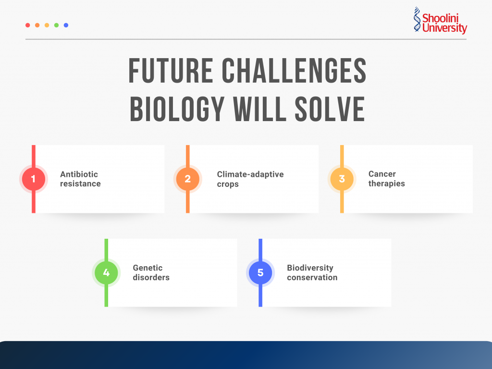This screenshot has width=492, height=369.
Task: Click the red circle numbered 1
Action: coord(33,179)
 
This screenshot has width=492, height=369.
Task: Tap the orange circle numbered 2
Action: coord(187,179)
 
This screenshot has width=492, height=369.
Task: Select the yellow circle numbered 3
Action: coord(342,179)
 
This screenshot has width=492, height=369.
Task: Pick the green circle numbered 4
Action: coord(106,273)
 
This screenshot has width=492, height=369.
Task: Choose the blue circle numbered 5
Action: coord(260,273)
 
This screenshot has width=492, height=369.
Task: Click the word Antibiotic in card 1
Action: coord(79,174)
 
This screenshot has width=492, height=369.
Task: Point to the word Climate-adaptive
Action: coord(250,174)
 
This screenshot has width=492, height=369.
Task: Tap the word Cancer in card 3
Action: coord(382,174)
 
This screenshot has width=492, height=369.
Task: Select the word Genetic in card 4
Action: coord(148,268)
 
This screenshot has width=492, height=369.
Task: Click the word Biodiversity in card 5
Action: coord(310,268)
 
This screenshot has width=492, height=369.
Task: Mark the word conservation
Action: coord(312,277)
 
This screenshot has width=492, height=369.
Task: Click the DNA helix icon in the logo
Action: coord(417,20)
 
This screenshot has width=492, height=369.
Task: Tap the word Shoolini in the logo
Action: coord(441,18)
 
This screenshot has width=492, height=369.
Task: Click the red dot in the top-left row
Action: coord(27,25)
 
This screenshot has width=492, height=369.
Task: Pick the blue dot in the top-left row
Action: coord(66,25)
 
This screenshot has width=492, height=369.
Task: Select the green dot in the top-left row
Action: coord(56,25)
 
